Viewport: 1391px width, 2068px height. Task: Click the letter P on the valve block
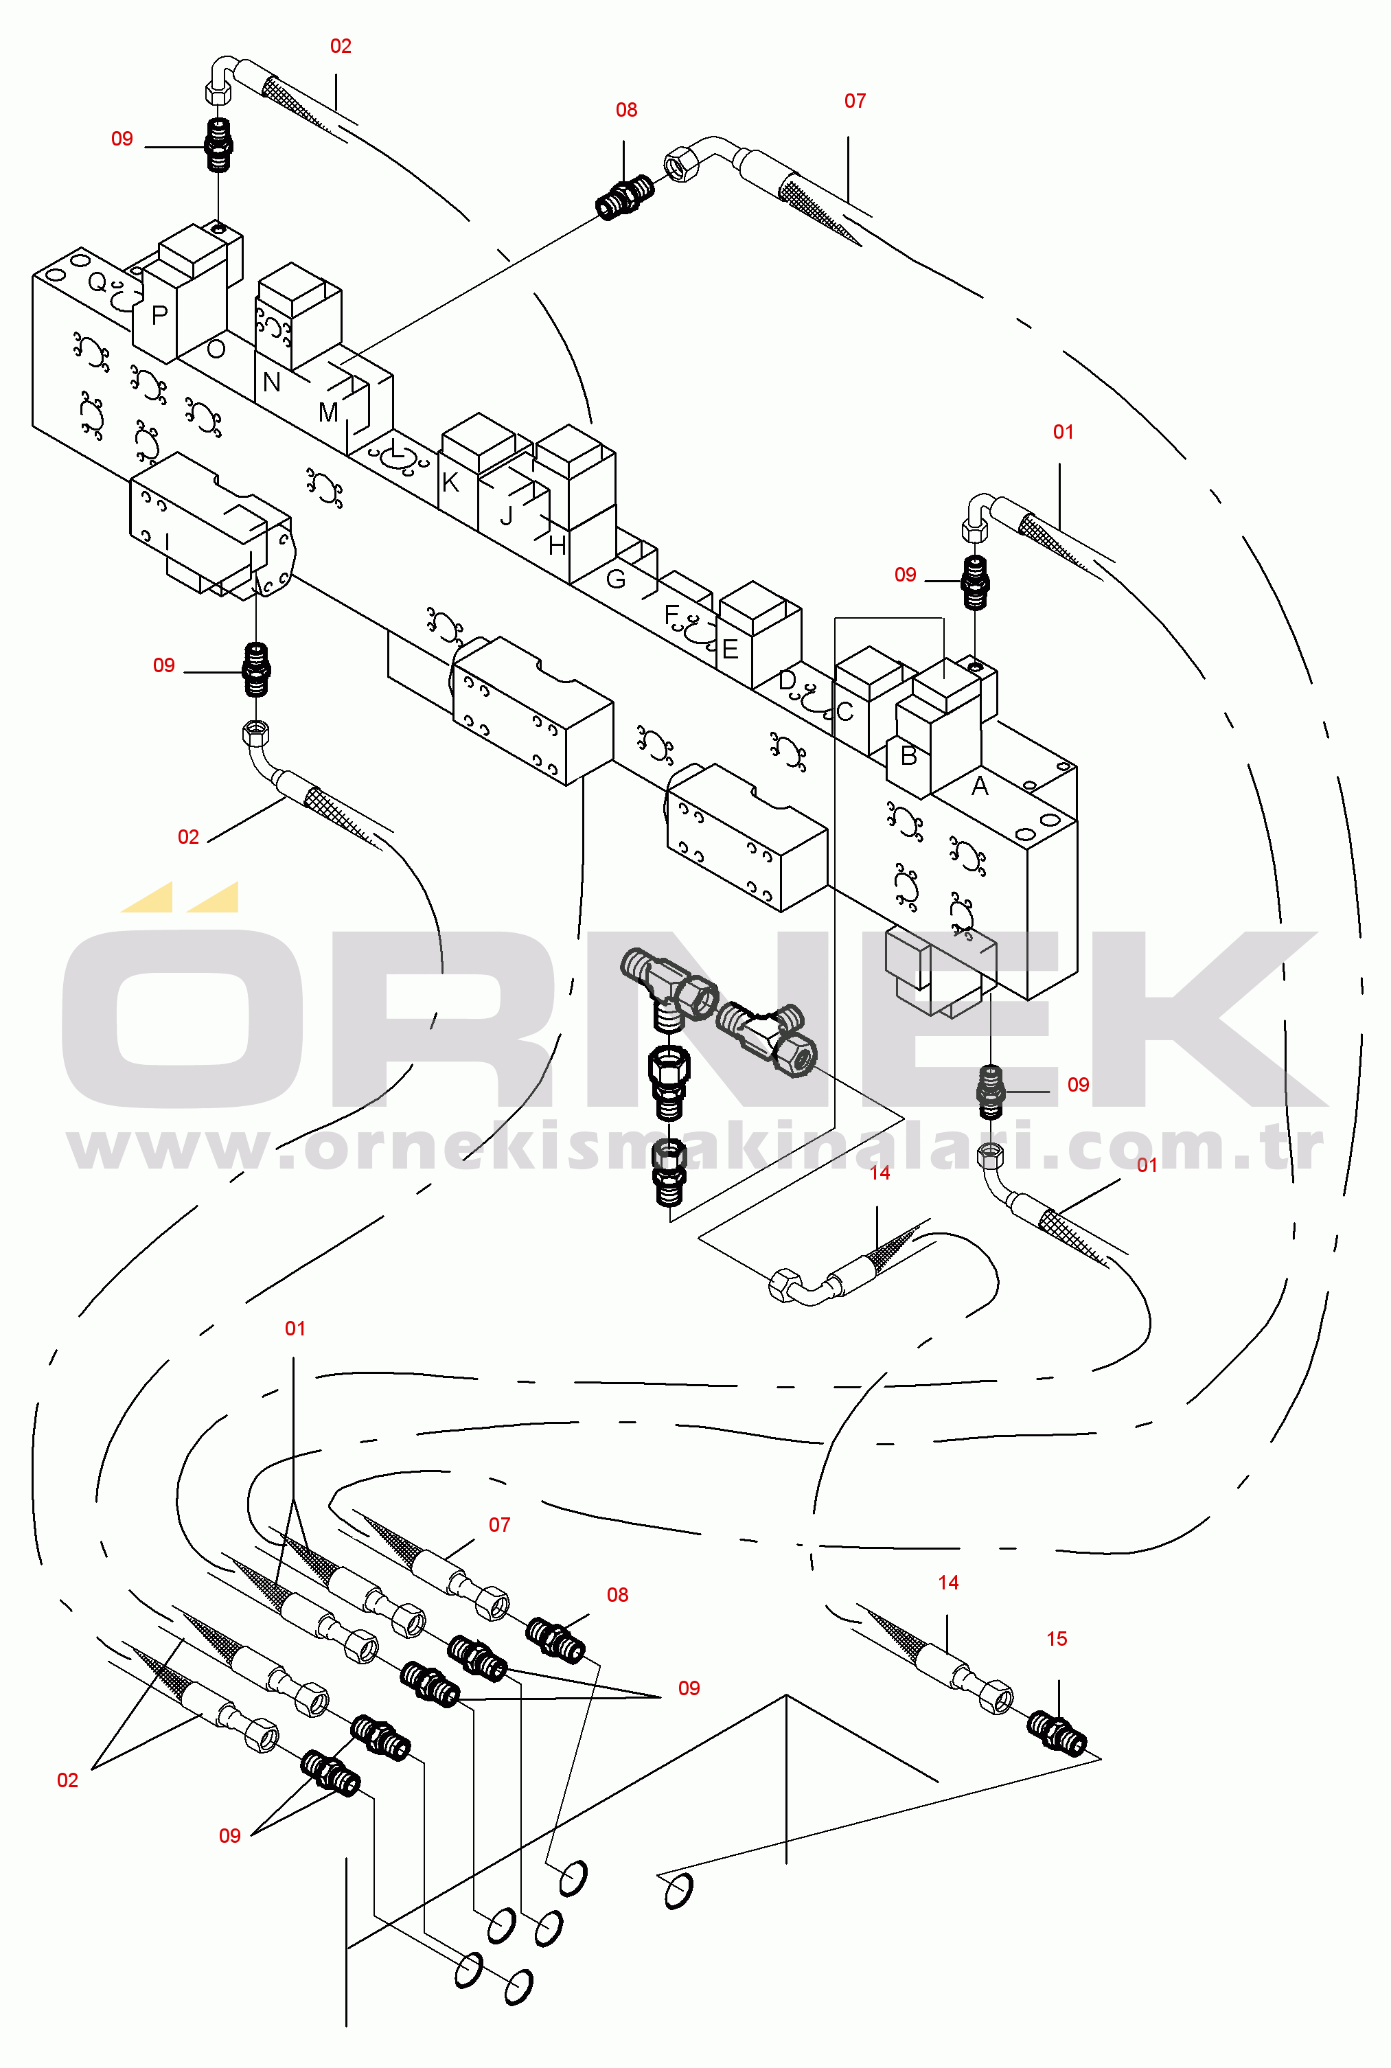click(x=160, y=315)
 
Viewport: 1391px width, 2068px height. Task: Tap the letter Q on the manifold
click(x=97, y=283)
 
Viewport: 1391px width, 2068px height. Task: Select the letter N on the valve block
click(x=271, y=382)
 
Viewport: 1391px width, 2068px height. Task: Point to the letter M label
click(x=328, y=413)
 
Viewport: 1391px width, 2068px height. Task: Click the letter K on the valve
click(x=450, y=483)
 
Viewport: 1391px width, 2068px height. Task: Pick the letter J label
click(x=507, y=516)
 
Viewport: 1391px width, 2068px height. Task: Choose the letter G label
click(x=616, y=579)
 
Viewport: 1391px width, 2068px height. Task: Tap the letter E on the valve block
click(x=730, y=650)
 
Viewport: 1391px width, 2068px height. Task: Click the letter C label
click(x=844, y=711)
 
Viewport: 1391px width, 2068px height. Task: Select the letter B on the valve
click(x=908, y=755)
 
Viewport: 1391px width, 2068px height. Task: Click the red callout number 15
click(x=1057, y=1639)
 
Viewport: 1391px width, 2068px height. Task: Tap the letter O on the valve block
click(x=216, y=349)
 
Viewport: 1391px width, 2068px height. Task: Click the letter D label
click(x=787, y=680)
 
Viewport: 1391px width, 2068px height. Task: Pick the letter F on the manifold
click(x=671, y=614)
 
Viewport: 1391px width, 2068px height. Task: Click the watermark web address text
click(x=695, y=1148)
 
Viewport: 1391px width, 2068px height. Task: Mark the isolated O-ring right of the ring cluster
click(x=678, y=1889)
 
